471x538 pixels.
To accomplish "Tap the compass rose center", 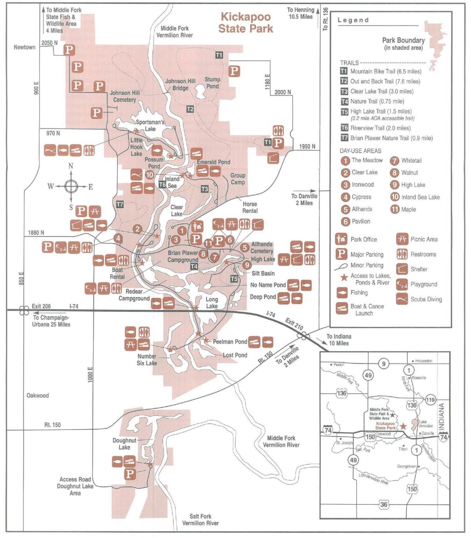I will click(71, 186).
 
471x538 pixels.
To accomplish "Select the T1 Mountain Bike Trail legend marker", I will click(344, 71).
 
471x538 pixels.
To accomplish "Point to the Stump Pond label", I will click(212, 83).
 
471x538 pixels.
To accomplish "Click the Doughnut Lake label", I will click(124, 444).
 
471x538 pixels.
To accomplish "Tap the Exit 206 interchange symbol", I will click(24, 310).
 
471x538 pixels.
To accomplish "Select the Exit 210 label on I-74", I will click(294, 324).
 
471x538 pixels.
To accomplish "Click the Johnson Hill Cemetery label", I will click(124, 97).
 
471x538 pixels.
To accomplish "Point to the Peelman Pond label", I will click(230, 342).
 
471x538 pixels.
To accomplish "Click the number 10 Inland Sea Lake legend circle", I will click(394, 197).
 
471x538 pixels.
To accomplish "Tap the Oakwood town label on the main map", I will click(38, 396).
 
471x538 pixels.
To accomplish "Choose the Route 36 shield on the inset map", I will click(383, 504).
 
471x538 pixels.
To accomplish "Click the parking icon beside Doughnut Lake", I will click(130, 474).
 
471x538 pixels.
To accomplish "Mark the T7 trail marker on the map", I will click(120, 204).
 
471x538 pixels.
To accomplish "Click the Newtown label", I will click(24, 47).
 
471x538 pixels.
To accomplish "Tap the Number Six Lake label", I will click(147, 360).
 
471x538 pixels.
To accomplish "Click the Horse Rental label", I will click(250, 207).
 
